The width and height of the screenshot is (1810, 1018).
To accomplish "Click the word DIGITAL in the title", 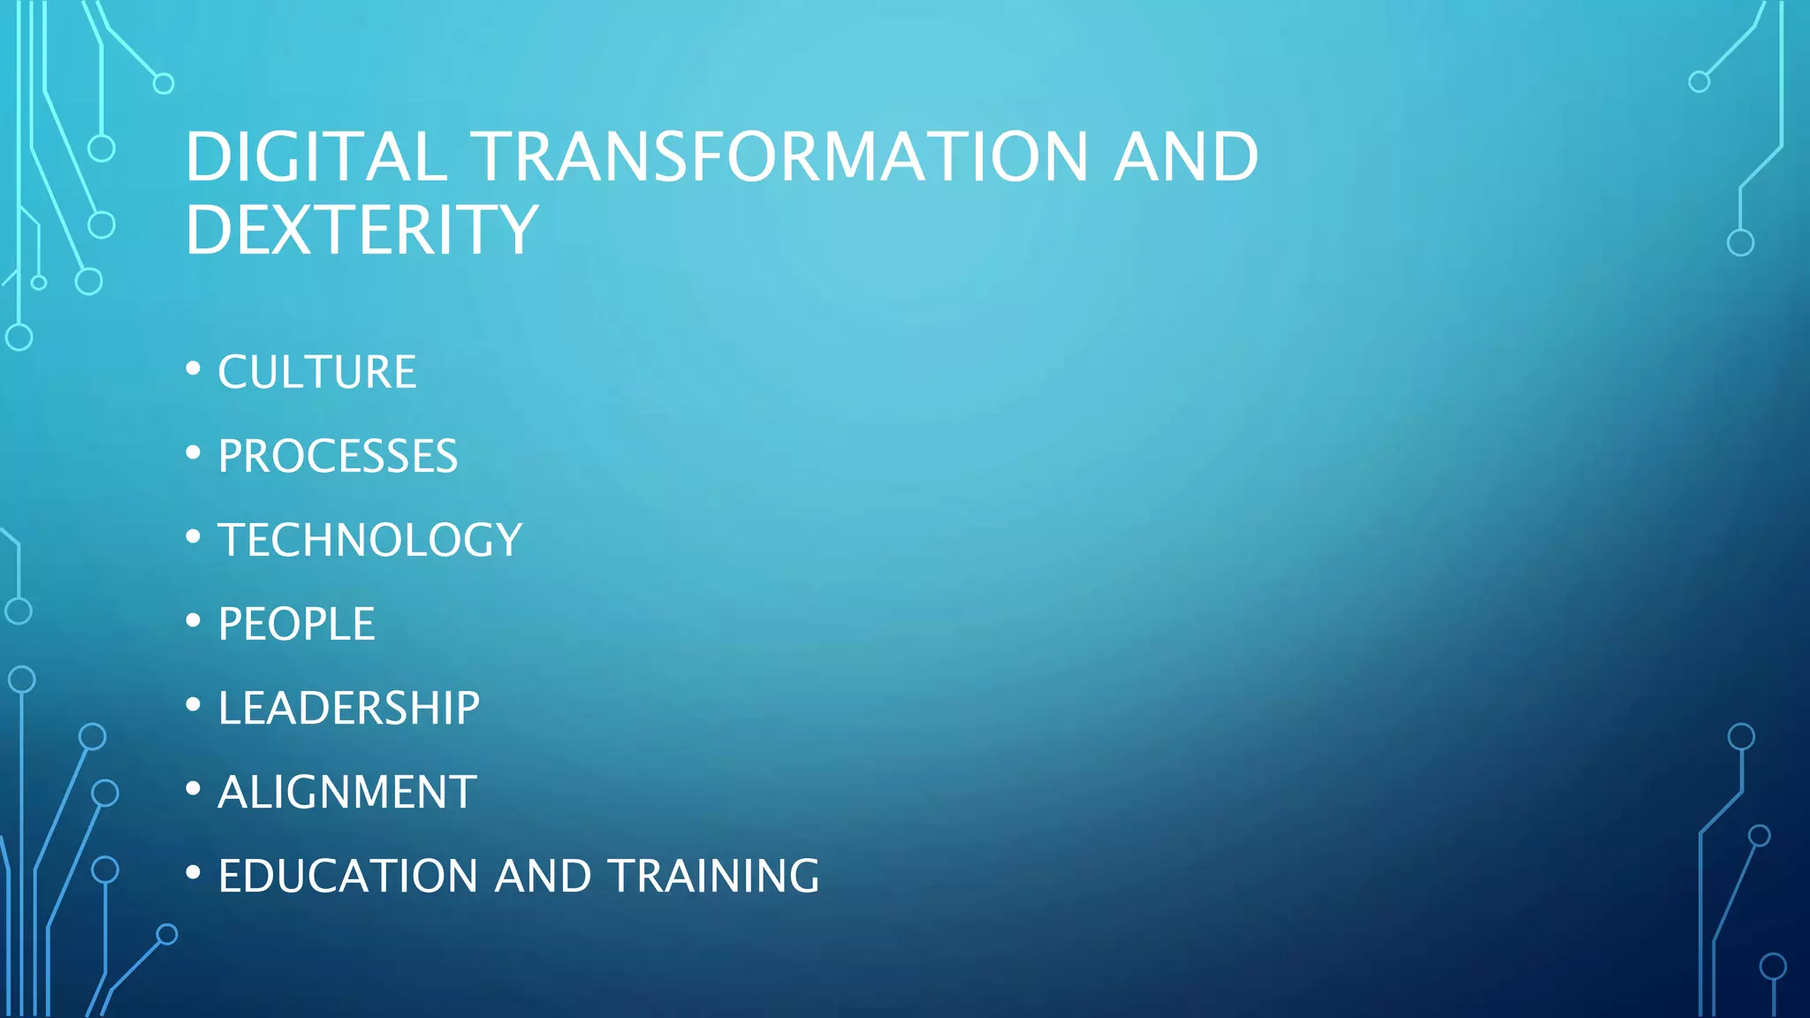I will click(x=316, y=157).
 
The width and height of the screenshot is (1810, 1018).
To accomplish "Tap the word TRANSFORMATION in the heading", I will click(x=779, y=157).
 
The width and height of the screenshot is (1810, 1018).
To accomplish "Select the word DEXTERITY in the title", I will click(x=361, y=230).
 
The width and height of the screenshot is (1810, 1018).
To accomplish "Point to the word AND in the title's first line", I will click(x=1185, y=157).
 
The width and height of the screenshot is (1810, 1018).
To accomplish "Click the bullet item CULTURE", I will click(x=316, y=372).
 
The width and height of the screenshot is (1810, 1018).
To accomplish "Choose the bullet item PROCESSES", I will click(x=338, y=456).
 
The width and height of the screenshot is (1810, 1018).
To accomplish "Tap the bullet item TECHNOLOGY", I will click(x=369, y=540).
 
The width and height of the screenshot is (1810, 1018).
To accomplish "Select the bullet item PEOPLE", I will click(x=296, y=624).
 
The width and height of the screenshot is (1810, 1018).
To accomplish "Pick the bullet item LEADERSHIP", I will click(x=348, y=708).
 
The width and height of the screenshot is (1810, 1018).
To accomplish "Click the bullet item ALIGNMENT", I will click(x=346, y=792).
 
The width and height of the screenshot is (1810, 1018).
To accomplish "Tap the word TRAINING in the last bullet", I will click(x=713, y=876).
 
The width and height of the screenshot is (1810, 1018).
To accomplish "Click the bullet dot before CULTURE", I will click(x=194, y=368).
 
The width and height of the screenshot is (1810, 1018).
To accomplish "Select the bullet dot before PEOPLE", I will click(x=194, y=620).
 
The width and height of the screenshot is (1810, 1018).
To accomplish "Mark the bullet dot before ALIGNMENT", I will click(x=194, y=788).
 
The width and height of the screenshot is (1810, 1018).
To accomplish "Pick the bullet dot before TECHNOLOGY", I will click(x=194, y=536).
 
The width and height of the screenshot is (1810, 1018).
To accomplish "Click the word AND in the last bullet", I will click(x=543, y=876).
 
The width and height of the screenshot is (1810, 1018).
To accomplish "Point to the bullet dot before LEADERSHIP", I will click(x=194, y=704).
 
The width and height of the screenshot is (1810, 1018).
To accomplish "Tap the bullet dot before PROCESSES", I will click(x=194, y=452).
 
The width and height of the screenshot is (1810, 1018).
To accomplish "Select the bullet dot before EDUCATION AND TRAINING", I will click(x=194, y=872).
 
